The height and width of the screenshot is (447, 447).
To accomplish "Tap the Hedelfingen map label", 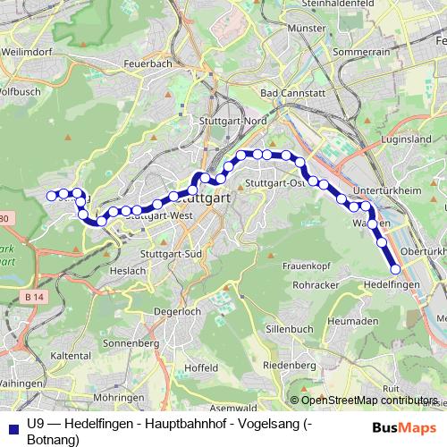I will point(393,283).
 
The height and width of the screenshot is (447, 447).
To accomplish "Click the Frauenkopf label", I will point(306,266).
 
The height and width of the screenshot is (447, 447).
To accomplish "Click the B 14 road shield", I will point(35,297).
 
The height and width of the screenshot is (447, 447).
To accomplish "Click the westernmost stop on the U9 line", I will point(51,195).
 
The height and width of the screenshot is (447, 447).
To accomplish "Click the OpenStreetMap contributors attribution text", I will point(364,401).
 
